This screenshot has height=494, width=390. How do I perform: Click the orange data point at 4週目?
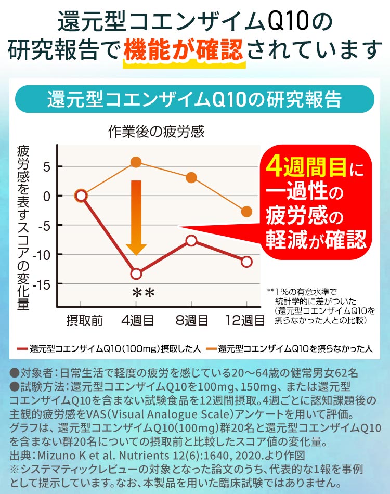click(136, 162)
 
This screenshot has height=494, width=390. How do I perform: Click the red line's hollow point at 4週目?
click(136, 274)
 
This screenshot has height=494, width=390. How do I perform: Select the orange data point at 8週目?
click(191, 178)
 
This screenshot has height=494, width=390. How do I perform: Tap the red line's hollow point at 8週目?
click(191, 240)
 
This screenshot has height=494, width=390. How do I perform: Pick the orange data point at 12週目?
click(246, 212)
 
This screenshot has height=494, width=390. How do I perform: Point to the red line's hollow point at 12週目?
click(246, 262)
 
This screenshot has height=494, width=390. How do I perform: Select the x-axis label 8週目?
click(191, 320)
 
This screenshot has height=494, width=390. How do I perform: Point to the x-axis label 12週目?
click(245, 320)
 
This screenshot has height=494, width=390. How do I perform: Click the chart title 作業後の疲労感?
click(156, 131)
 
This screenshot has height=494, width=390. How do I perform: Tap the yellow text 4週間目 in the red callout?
click(304, 167)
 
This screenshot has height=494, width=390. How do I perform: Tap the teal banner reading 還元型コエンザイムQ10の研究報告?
click(194, 99)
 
